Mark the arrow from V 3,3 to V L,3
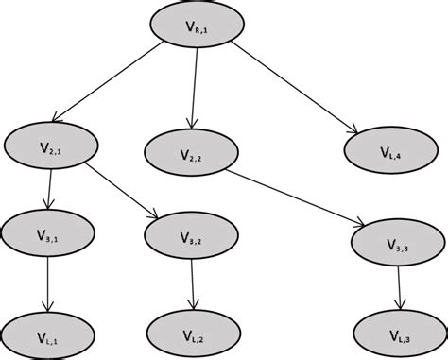[x=398, y=288]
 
